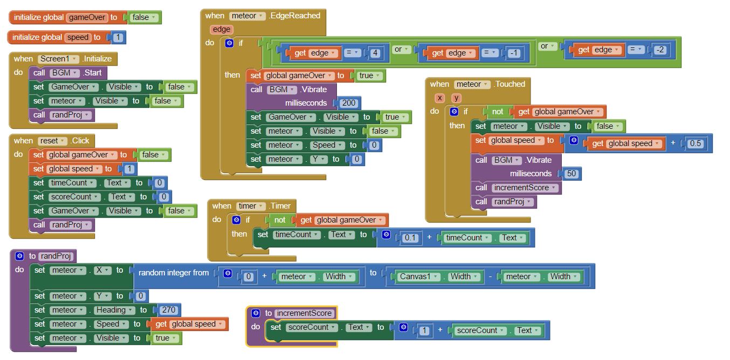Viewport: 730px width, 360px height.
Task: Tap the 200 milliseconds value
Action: pos(348,103)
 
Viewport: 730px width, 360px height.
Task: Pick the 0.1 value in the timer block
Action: pos(410,238)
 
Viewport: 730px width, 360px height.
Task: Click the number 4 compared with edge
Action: pos(376,53)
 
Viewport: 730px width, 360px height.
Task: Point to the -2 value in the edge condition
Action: pos(660,50)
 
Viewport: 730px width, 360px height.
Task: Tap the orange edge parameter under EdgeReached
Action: pos(221,30)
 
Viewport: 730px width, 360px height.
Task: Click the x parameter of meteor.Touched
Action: pos(440,98)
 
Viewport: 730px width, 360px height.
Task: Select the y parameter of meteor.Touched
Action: pos(456,98)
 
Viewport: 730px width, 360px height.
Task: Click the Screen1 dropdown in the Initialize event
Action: pos(58,59)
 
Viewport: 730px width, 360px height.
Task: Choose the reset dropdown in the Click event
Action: pos(52,141)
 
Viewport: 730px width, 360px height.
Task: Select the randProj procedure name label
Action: pos(56,256)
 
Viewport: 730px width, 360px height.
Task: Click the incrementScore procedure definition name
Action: pos(304,313)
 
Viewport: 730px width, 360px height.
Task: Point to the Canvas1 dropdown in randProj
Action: pos(417,276)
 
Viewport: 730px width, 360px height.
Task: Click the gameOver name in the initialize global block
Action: pos(86,17)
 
